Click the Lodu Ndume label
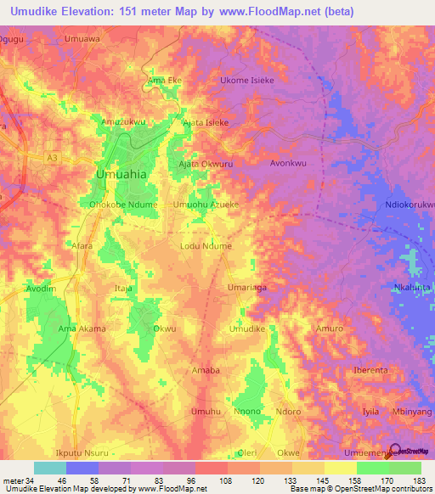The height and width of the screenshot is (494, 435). click(206, 246)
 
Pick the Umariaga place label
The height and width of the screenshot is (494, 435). click(247, 288)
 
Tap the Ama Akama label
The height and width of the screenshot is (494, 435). click(82, 328)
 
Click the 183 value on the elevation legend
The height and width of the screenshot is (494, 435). click(417, 480)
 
